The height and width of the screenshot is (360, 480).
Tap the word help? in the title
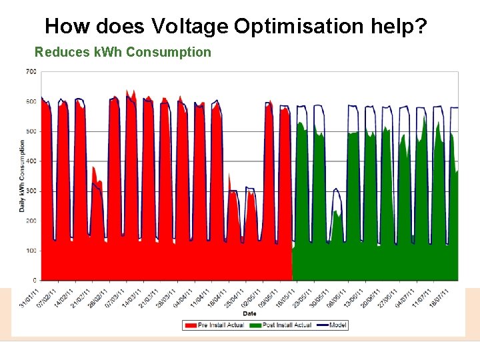click(x=399, y=26)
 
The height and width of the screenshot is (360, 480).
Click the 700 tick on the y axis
click(x=31, y=72)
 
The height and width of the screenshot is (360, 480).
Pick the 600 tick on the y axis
click(x=31, y=101)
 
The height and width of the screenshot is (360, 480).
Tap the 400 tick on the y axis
click(x=31, y=161)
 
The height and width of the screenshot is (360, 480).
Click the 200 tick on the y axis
click(x=31, y=221)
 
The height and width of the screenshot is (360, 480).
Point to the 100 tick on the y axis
click(x=31, y=251)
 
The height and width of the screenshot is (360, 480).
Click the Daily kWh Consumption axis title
click(x=21, y=176)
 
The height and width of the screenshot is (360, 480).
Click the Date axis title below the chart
click(x=249, y=313)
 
